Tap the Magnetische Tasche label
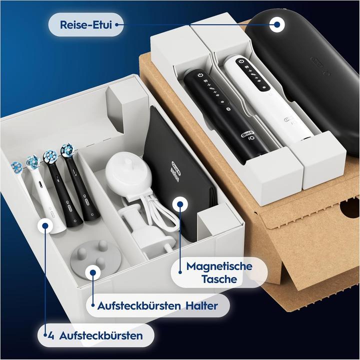[219, 272]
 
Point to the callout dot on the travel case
[276, 23]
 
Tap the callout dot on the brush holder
[91, 272]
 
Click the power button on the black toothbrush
[200, 74]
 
